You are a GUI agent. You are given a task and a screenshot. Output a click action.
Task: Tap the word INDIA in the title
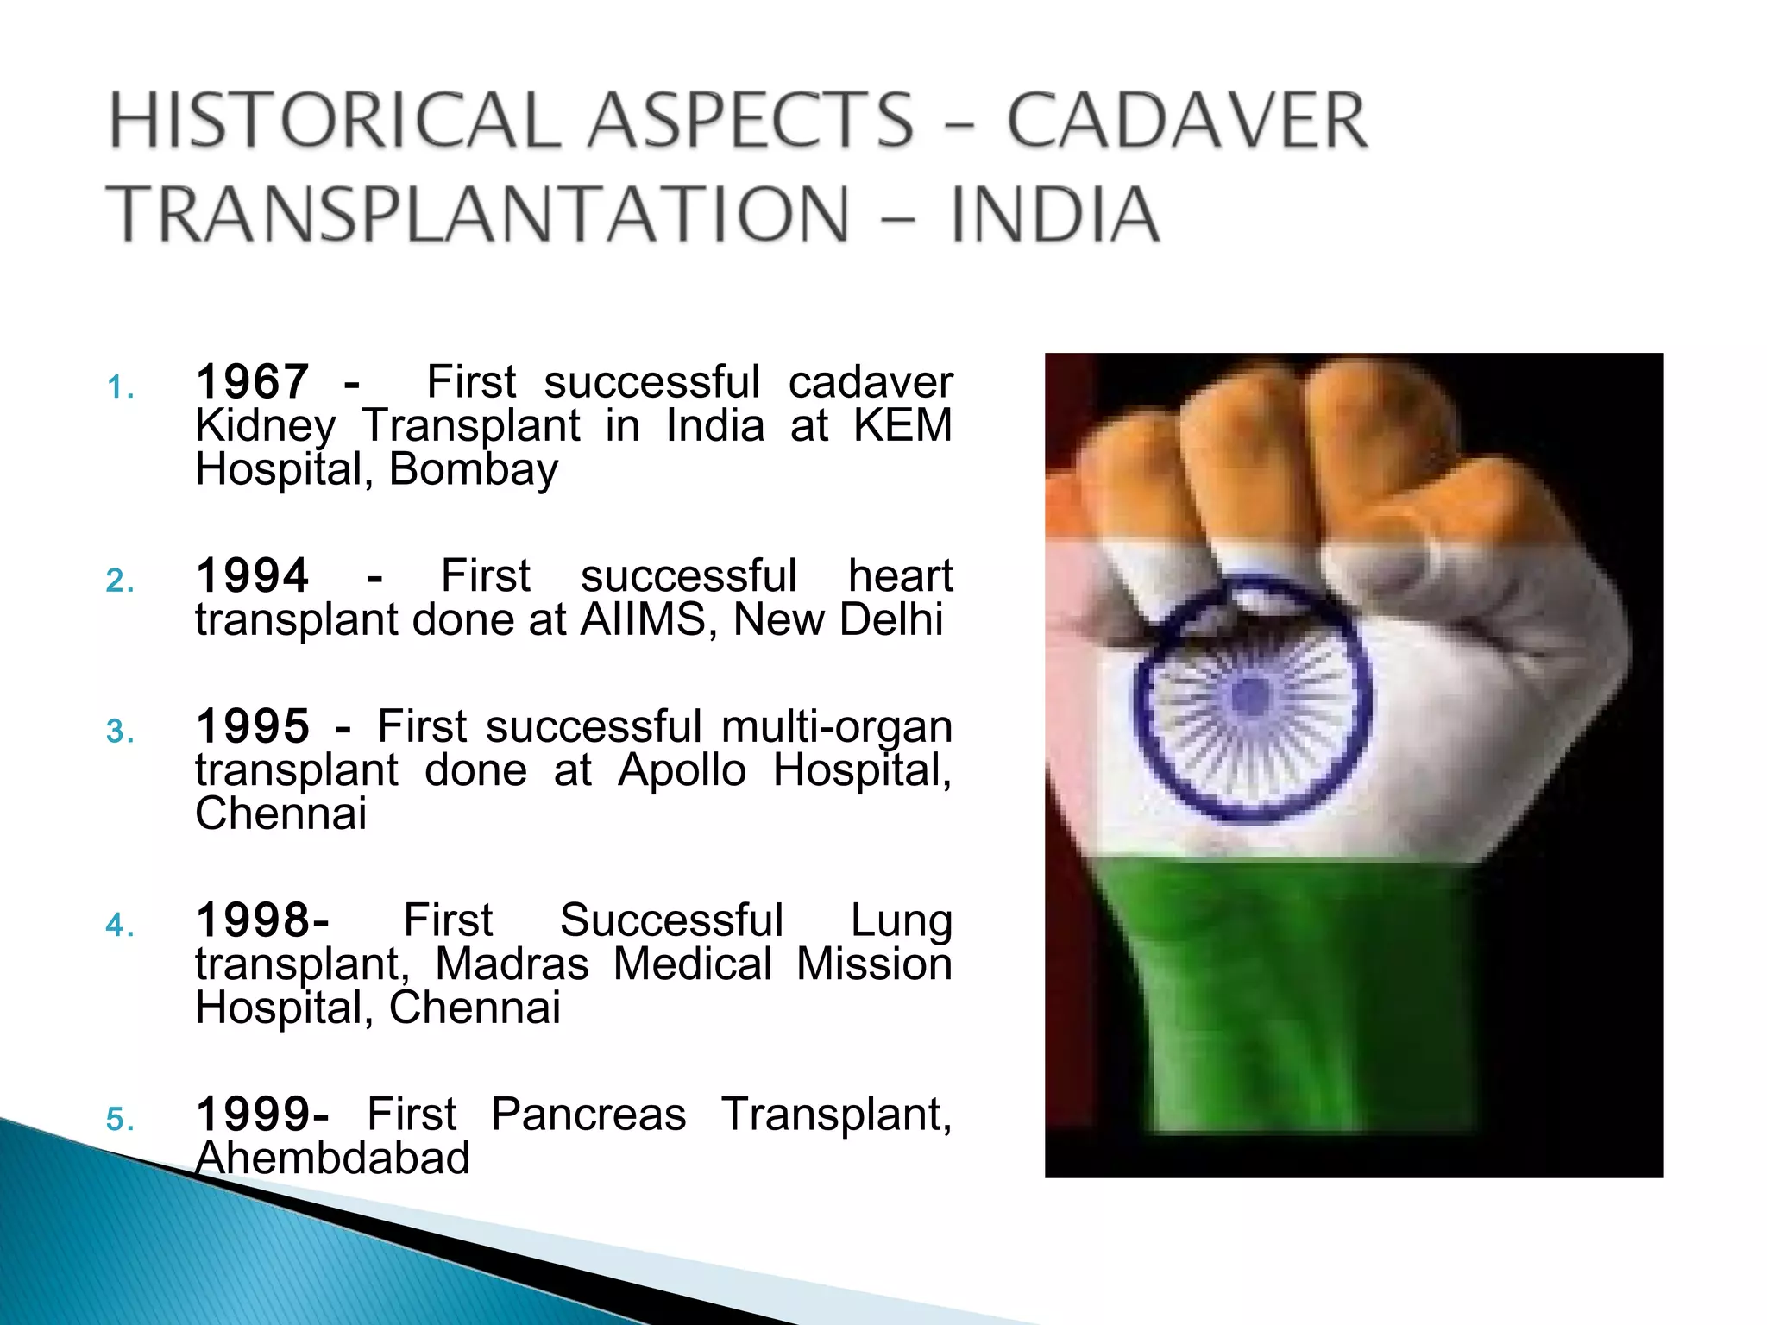1054,215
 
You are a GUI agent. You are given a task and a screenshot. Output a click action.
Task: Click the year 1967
252,382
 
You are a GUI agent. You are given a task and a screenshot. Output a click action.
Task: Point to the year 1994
252,576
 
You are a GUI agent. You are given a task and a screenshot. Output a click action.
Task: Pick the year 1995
252,726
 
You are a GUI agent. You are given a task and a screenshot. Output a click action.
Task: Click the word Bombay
473,470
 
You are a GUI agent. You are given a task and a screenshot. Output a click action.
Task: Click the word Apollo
682,770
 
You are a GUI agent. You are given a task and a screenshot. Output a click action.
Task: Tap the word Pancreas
588,1115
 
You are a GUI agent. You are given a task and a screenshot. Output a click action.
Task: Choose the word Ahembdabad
333,1159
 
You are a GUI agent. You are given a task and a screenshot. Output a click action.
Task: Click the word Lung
901,920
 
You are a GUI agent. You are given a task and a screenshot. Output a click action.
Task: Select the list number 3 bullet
120,732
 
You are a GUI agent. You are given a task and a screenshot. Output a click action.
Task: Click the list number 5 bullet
120,1120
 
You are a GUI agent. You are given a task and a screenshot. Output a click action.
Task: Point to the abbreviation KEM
902,426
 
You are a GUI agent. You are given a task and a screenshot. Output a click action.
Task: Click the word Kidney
265,426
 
